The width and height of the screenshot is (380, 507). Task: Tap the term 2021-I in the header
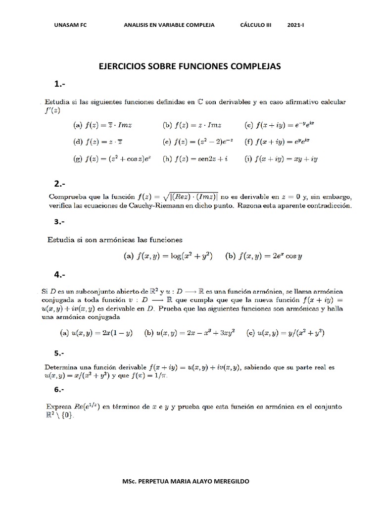tap(296, 25)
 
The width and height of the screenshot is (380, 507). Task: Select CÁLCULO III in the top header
tap(256, 25)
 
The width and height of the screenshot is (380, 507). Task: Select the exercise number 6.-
tap(61, 390)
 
